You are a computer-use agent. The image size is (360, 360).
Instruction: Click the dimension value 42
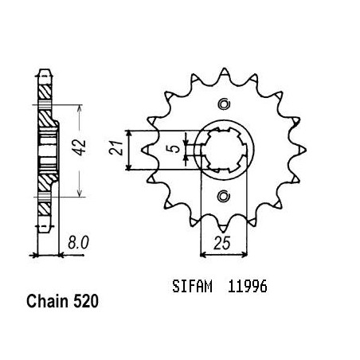[x=80, y=147]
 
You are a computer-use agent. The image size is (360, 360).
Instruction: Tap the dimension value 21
[x=116, y=148]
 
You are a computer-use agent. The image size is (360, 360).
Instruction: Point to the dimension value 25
[x=221, y=243]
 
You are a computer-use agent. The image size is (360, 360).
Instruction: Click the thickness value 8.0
[x=78, y=243]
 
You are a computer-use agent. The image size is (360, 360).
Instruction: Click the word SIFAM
[x=192, y=287]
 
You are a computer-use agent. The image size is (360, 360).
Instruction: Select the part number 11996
[x=248, y=287]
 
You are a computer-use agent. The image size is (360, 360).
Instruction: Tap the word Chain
[x=47, y=302]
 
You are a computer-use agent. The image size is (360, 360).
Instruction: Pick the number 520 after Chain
[x=86, y=302]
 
